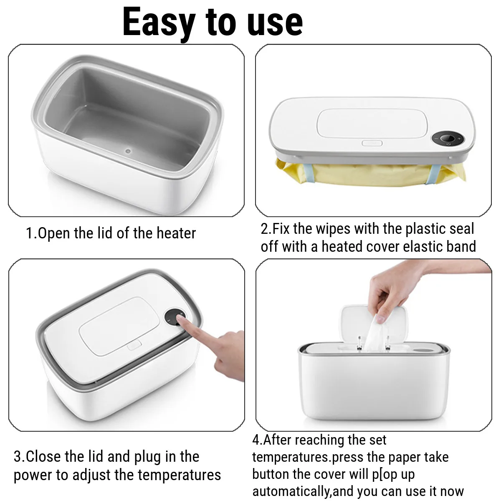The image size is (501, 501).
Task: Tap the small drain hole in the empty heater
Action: click(x=128, y=150)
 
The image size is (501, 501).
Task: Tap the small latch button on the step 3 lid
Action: click(x=134, y=346)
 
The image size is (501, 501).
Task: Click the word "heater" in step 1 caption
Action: click(x=176, y=233)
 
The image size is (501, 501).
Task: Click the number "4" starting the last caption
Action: click(x=256, y=440)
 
